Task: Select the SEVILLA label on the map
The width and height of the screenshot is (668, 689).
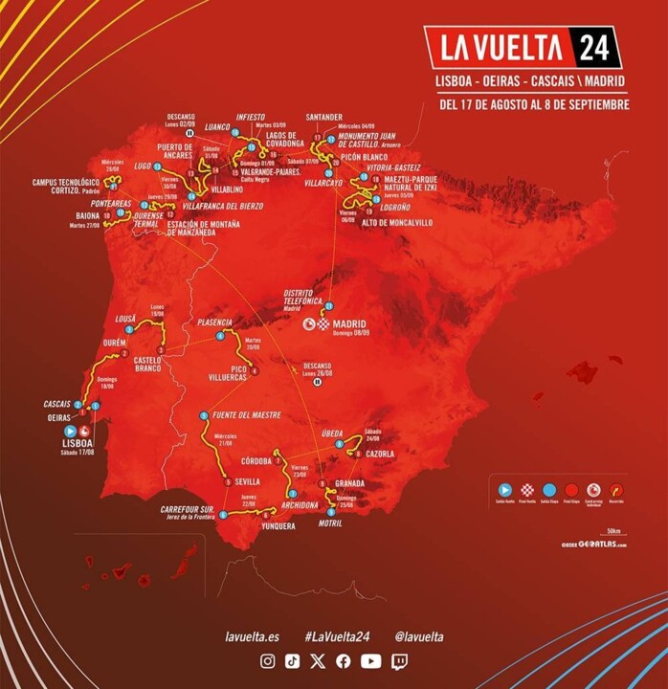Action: pyautogui.click(x=249, y=482)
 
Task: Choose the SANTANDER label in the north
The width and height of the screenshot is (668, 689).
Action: pyautogui.click(x=323, y=119)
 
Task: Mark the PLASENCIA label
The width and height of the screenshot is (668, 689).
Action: pyautogui.click(x=215, y=323)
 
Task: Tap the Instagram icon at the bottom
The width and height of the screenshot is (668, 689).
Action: pyautogui.click(x=268, y=661)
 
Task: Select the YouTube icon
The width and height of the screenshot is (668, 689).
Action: pyautogui.click(x=371, y=661)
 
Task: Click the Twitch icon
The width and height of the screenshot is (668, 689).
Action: pyautogui.click(x=398, y=661)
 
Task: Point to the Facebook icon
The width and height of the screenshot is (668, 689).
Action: pyautogui.click(x=344, y=661)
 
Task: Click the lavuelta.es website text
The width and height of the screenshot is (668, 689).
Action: pyautogui.click(x=251, y=636)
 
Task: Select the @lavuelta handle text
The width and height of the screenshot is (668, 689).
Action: pyautogui.click(x=418, y=636)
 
